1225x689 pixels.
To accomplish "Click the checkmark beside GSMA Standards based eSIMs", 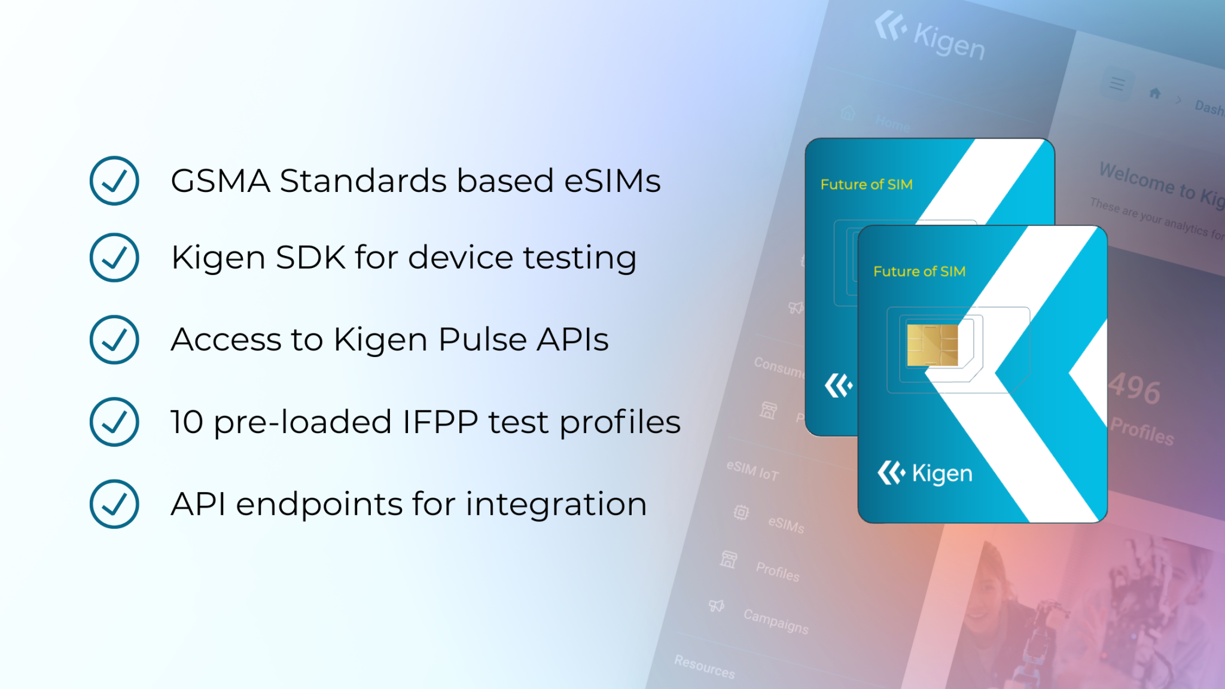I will point(114,181).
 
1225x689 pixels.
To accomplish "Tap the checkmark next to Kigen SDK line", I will point(114,257).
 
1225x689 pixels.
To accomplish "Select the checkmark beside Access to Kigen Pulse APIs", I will point(114,340).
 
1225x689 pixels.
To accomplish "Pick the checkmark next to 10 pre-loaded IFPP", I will point(114,422).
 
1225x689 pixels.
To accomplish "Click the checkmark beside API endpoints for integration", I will point(114,504).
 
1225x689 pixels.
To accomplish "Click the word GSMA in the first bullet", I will point(220,181).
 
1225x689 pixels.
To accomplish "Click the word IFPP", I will point(440,422).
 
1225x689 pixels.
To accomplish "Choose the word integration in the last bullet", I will point(556,504).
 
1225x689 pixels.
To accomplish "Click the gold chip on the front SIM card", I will point(933,345).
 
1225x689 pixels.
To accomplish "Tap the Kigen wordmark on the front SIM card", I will point(941,474).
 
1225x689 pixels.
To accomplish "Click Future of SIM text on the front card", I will point(919,272).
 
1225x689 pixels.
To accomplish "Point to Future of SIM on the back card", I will point(866,184).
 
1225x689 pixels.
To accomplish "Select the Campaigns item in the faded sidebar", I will point(776,621).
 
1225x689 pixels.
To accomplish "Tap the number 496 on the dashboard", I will point(1135,389).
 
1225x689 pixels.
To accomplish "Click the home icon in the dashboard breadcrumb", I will point(1155,93).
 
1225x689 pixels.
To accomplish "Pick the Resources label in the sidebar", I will point(705,666).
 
